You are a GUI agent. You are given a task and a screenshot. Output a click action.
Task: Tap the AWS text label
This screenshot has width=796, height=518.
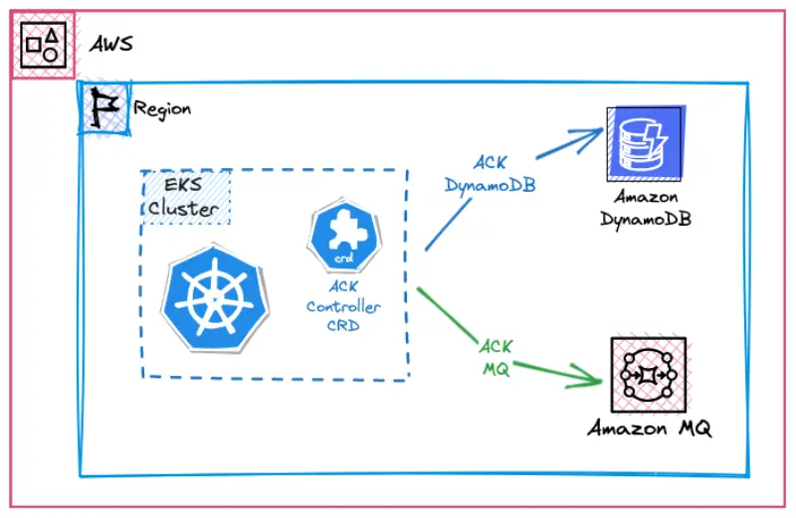coord(111,44)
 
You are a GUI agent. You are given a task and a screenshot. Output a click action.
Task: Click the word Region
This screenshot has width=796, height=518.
coord(162,108)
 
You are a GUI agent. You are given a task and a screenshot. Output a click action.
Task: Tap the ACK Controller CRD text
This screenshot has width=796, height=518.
coord(342,307)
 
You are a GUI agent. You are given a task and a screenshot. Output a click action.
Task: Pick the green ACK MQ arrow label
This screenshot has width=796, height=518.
coord(495,357)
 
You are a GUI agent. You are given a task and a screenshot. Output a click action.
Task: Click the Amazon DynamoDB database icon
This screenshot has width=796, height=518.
coord(644,143)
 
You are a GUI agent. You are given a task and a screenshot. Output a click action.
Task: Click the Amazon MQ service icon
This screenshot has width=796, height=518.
coord(649,377)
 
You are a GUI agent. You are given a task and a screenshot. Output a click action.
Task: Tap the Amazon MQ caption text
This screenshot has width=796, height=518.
coord(649,430)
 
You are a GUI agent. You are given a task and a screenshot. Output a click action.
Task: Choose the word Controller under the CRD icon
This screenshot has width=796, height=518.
coord(342,307)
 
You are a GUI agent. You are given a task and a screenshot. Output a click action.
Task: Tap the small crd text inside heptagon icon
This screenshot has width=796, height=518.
coord(342,258)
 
